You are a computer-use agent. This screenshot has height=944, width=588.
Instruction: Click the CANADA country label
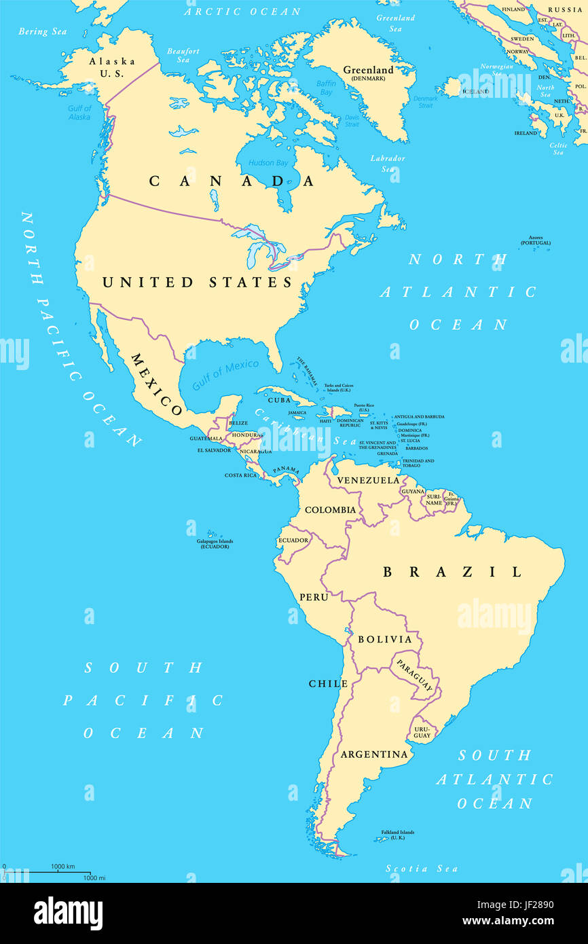[232, 181]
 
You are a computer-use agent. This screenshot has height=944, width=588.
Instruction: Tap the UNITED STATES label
[197, 283]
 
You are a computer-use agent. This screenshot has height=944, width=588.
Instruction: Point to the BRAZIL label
[452, 572]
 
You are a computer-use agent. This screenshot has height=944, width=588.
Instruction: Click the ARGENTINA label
[374, 754]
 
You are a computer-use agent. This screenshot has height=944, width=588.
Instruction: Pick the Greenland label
[368, 71]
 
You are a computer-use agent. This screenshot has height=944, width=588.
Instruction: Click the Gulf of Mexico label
[225, 374]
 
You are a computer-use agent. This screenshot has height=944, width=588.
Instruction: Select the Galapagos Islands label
[215, 543]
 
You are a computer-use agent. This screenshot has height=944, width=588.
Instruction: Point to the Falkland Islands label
[397, 835]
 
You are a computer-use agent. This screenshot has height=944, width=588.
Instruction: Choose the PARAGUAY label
[415, 675]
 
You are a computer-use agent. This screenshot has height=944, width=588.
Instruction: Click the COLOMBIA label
[330, 509]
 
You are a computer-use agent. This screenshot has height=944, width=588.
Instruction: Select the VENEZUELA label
[369, 480]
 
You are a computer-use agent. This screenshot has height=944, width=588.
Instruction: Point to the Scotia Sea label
[421, 869]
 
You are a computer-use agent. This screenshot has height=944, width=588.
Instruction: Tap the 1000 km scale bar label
[62, 866]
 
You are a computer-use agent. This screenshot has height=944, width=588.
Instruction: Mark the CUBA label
[279, 400]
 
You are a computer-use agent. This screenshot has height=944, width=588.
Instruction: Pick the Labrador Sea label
[388, 163]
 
